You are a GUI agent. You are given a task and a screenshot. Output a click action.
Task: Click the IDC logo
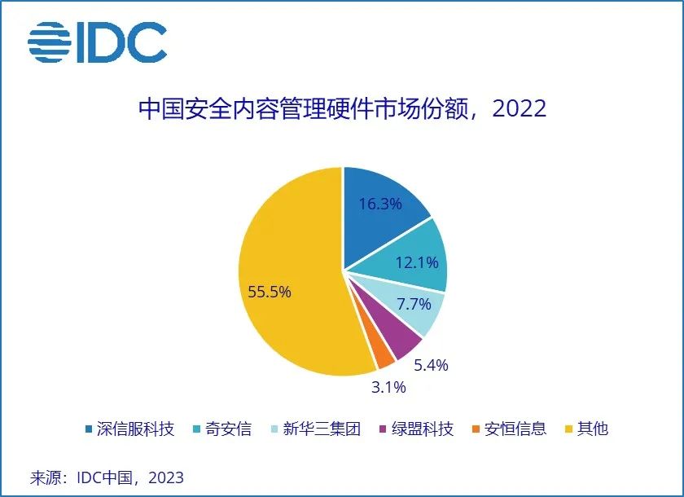(97, 42)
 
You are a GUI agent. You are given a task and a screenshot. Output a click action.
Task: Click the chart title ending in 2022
(342, 108)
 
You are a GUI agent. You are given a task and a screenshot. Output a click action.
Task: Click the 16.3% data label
(380, 204)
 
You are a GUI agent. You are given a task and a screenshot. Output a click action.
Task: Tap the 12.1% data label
(417, 262)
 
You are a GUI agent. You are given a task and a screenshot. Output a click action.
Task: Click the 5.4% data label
(431, 365)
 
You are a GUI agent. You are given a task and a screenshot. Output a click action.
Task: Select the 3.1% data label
(388, 388)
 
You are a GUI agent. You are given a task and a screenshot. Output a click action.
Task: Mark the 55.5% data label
(270, 292)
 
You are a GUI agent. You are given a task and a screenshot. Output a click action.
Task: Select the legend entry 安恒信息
(508, 429)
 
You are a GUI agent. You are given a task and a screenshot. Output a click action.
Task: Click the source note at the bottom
(106, 477)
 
